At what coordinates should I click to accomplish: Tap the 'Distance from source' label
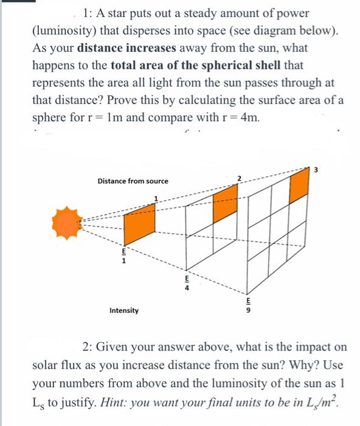133,181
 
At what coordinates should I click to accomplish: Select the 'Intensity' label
123,310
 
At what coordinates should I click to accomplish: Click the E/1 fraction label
123,255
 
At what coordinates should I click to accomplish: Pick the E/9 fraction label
247,307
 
